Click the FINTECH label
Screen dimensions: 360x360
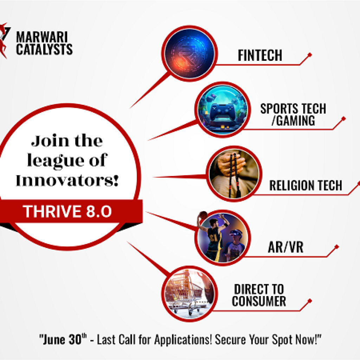tap(260, 55)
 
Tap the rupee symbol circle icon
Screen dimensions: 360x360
tap(189, 53)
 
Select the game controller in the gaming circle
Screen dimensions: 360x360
tap(222, 111)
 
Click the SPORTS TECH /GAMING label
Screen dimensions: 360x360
tap(293, 114)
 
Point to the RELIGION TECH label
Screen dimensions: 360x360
tap(306, 185)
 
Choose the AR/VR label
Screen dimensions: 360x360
tap(285, 247)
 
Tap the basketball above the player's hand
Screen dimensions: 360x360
tap(203, 216)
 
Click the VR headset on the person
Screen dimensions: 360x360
tap(236, 234)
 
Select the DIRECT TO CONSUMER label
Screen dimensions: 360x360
tap(259, 295)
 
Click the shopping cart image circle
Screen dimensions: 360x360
tap(189, 294)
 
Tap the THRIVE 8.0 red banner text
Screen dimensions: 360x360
tap(67, 211)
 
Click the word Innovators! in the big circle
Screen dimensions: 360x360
tap(67, 180)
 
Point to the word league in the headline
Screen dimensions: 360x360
tap(55, 161)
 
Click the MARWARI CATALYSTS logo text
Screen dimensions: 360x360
tap(44, 43)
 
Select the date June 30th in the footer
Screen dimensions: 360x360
tap(63, 339)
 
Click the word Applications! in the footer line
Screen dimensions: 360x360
tap(183, 339)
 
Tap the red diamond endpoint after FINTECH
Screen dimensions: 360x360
tap(310, 55)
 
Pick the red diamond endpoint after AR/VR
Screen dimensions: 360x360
tap(336, 247)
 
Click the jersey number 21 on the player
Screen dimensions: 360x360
tap(213, 237)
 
